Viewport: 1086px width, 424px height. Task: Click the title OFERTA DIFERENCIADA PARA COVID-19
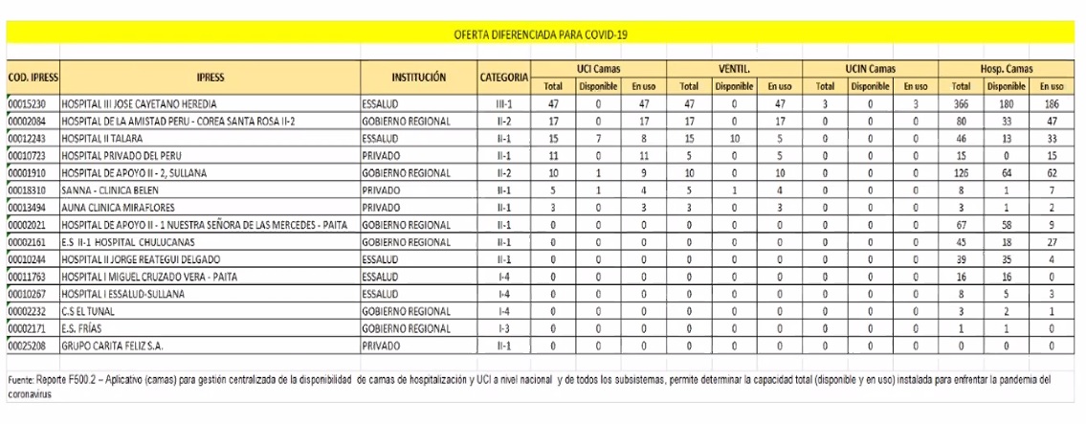(543, 34)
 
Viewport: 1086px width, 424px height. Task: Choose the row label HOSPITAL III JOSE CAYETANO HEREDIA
(139, 102)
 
